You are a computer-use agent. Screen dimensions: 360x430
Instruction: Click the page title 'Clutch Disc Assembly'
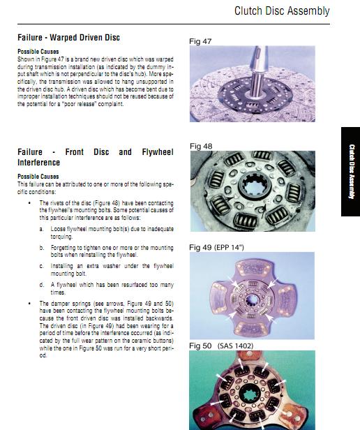click(282, 11)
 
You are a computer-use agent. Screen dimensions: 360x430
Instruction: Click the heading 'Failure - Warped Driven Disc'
click(68, 37)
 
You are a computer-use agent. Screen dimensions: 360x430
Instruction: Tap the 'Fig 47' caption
click(200, 41)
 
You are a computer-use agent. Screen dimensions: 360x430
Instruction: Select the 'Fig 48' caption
click(201, 146)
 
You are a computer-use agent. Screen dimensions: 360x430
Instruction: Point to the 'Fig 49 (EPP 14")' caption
click(216, 247)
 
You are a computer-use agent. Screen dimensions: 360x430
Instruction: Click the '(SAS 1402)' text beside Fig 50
click(235, 346)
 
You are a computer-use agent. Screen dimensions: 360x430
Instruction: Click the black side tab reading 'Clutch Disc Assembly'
click(351, 172)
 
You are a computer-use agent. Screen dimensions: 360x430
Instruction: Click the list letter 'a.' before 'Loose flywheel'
click(41, 229)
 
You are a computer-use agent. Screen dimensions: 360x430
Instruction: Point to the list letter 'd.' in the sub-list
click(41, 285)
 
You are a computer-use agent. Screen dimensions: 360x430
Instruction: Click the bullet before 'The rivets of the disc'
click(29, 203)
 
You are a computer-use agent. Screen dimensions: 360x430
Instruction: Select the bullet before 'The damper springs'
click(29, 304)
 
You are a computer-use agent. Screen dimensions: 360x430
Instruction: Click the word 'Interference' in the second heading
click(38, 163)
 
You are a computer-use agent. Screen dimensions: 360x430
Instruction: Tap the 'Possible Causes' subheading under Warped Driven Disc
click(38, 52)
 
